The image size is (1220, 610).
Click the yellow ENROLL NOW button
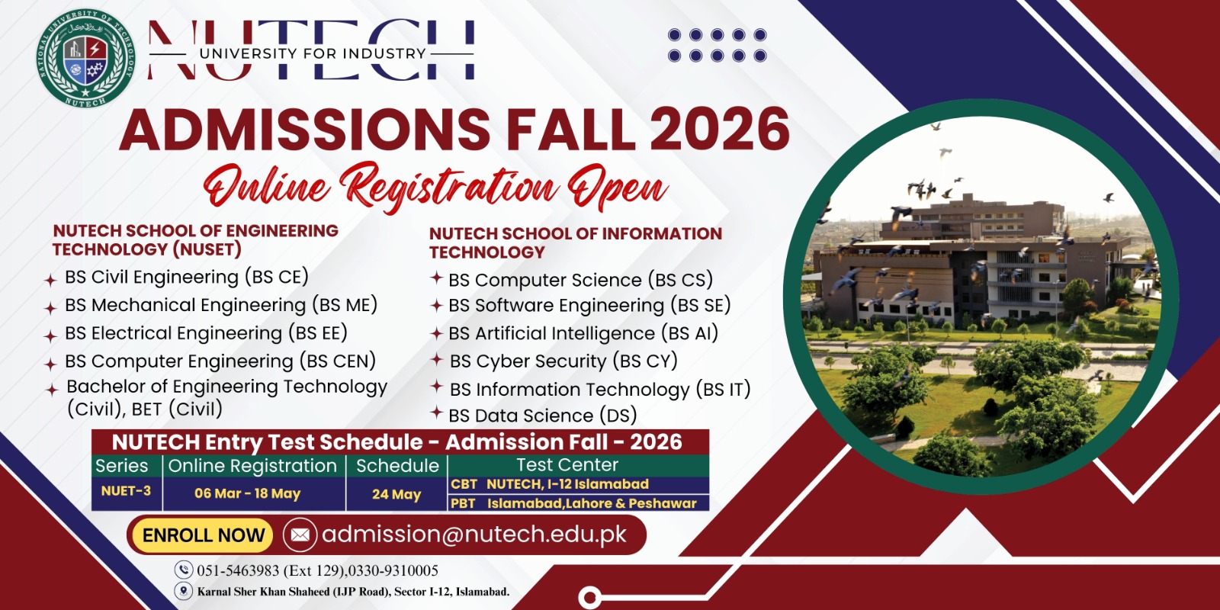[x=203, y=535]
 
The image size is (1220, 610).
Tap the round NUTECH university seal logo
[x=86, y=58]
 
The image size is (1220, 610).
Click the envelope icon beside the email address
[x=300, y=535]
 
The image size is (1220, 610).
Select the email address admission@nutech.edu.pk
[x=474, y=535]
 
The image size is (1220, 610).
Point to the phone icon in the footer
[x=184, y=570]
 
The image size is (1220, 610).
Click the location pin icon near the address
[x=184, y=591]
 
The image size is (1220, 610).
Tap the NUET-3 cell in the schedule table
[x=127, y=491]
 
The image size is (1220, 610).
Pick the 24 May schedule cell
[x=396, y=494]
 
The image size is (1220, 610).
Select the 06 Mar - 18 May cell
[x=248, y=493]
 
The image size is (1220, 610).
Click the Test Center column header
[x=567, y=464]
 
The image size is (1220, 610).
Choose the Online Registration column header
[x=252, y=466]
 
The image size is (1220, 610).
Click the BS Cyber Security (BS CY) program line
[x=563, y=361]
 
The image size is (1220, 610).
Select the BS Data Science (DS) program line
[x=542, y=416]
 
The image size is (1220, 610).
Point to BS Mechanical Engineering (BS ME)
[x=221, y=305]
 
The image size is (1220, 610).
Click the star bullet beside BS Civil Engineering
[x=50, y=281]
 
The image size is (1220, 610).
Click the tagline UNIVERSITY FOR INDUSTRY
[x=313, y=53]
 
